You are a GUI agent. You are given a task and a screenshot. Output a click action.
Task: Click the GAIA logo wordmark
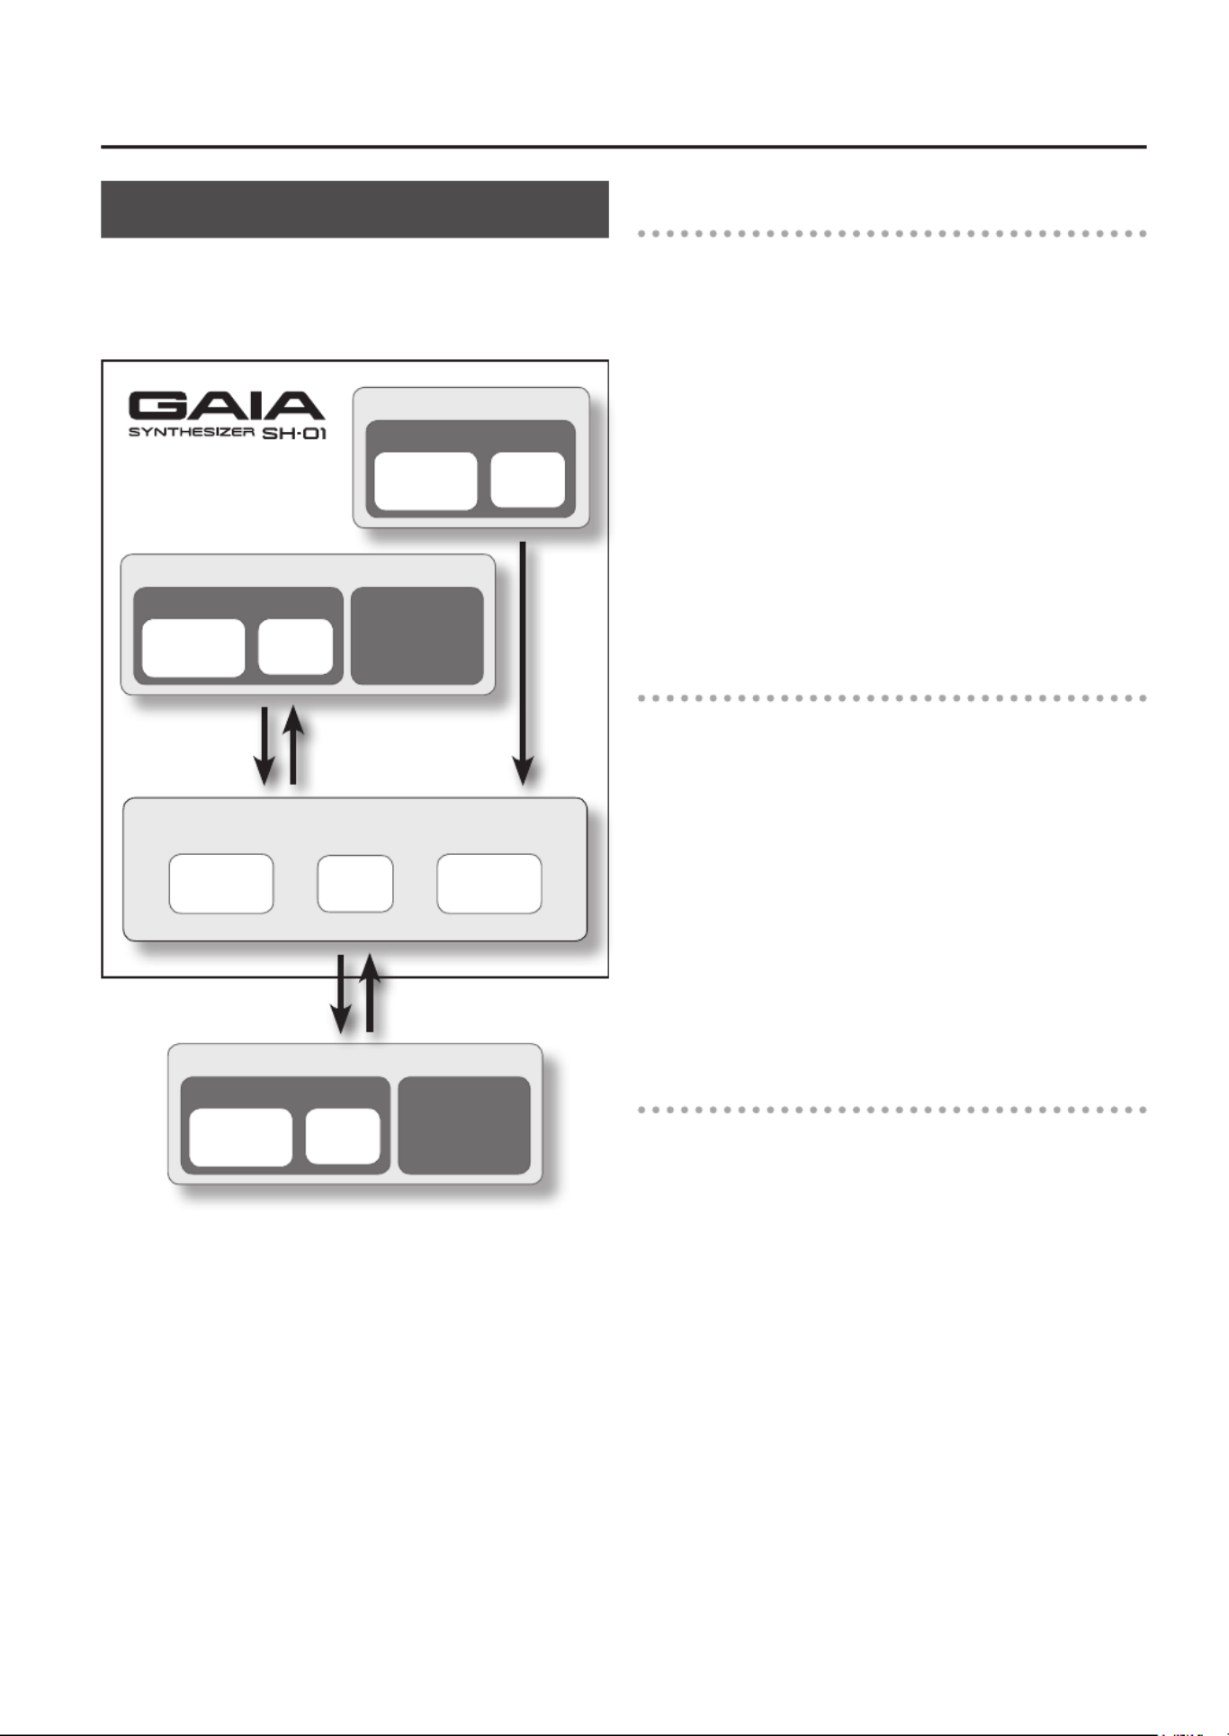(226, 406)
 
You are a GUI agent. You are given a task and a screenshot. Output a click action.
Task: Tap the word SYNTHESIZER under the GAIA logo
(191, 433)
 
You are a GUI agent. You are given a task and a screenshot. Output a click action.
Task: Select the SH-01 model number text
(294, 434)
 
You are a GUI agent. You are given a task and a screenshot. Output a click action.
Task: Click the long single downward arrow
(523, 661)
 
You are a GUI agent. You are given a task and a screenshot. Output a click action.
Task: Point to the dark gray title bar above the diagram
(354, 209)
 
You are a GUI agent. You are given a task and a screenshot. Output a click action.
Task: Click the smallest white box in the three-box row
(355, 884)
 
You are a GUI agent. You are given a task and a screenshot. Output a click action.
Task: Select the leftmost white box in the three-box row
(221, 884)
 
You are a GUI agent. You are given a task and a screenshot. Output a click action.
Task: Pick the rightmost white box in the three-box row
(489, 884)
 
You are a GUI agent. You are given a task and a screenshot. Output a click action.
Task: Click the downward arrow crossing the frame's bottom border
(340, 994)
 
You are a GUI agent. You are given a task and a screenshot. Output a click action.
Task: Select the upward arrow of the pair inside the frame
(293, 746)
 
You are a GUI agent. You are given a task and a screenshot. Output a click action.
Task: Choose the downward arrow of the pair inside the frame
(265, 747)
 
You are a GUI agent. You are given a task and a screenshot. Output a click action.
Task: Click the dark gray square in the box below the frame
(464, 1125)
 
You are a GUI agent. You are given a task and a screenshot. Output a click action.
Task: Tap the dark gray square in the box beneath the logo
(417, 635)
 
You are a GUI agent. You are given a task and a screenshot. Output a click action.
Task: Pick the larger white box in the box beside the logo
(426, 481)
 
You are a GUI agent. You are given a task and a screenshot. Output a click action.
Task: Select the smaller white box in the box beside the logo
(528, 481)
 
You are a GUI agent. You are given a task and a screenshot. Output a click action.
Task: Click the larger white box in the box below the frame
(240, 1138)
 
